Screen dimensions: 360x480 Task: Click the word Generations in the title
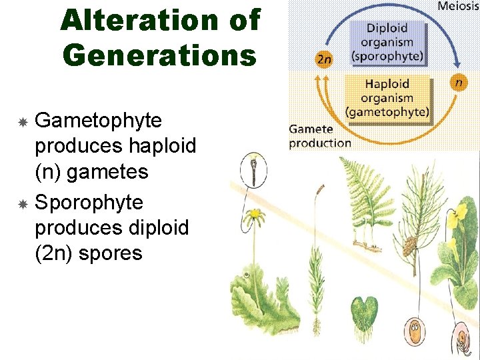[159, 55]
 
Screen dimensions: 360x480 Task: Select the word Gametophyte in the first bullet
[98, 121]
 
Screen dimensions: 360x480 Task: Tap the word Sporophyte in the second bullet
[89, 202]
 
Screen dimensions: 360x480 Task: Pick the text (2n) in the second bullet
[55, 253]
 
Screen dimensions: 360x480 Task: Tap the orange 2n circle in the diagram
[323, 59]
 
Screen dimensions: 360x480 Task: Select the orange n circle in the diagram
[459, 83]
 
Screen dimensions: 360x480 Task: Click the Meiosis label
[457, 7]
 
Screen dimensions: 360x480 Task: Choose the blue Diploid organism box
[387, 42]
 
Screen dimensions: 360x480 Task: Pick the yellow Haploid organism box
[387, 97]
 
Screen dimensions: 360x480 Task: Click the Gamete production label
[320, 135]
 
